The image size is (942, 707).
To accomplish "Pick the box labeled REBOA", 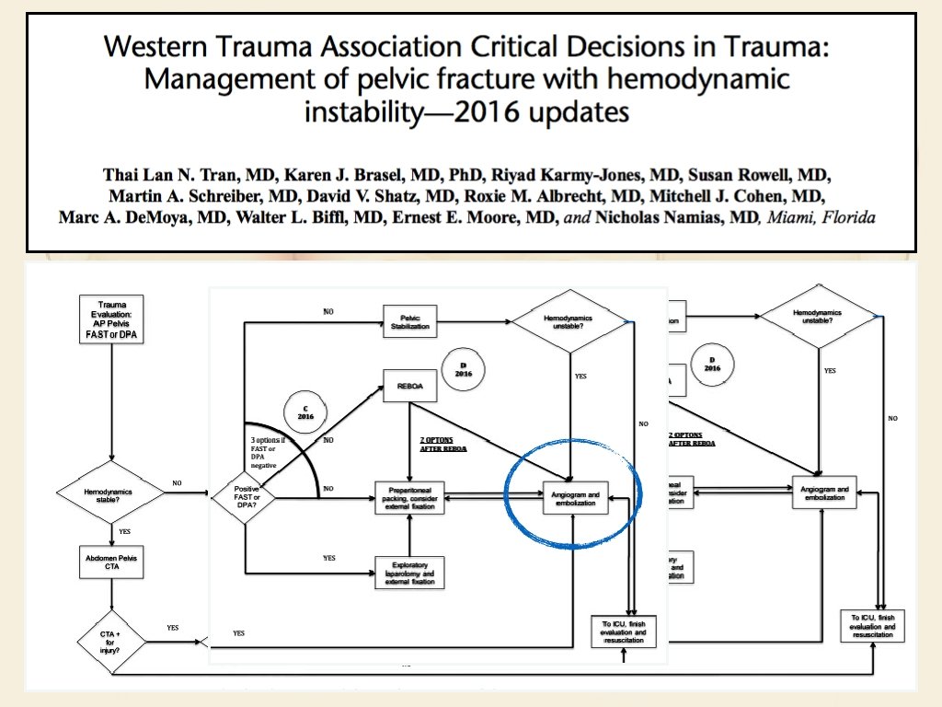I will pyautogui.click(x=409, y=387).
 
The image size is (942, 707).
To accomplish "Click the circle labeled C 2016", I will pyautogui.click(x=305, y=411).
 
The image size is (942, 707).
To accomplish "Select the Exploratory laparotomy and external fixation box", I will pyautogui.click(x=409, y=573).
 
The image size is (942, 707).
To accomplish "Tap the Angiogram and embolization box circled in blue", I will pyautogui.click(x=574, y=499).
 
